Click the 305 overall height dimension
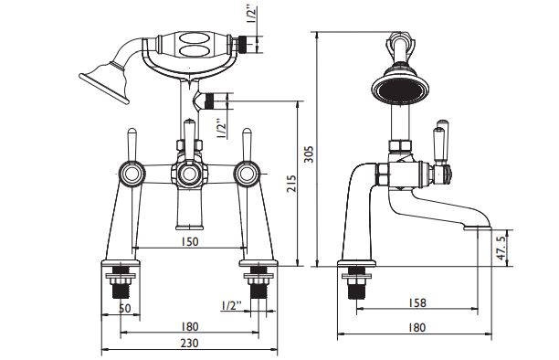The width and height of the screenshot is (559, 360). coord(309,154)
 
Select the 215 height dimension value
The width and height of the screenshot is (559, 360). coord(291,183)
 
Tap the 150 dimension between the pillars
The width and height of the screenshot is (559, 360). coord(189,241)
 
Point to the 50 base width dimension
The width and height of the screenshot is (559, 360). coord(125,308)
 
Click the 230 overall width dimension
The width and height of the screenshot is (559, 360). coord(189,344)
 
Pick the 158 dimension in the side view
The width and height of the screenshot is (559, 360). coord(417,303)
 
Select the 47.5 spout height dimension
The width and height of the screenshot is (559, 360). coord(501,248)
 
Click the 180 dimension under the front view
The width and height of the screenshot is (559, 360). coord(189,326)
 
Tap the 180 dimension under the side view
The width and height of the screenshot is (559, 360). coord(417,327)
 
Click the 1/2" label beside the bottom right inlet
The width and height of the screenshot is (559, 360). coord(231,306)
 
